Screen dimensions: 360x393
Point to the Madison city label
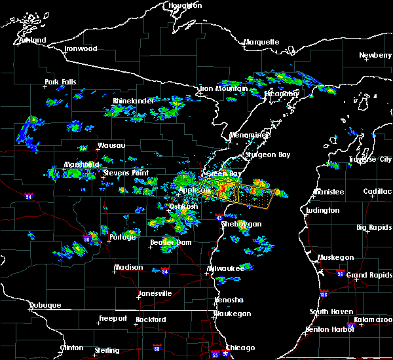point(128,267)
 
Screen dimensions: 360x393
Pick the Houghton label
point(185,5)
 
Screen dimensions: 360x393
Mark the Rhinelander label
point(133,101)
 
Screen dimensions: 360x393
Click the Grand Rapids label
point(369,275)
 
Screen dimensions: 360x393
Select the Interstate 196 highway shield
point(324,294)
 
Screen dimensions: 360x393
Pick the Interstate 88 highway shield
point(157,348)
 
